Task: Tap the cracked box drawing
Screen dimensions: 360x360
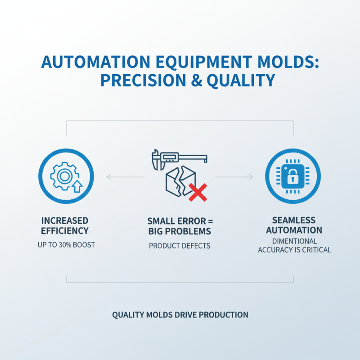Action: click(176, 182)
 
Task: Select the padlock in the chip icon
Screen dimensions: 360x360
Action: click(292, 175)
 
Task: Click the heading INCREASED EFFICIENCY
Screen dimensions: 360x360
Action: click(65, 226)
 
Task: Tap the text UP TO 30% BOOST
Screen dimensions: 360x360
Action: click(65, 246)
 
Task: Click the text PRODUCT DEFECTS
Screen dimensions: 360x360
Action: click(180, 246)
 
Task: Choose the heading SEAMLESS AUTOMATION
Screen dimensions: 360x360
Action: click(294, 226)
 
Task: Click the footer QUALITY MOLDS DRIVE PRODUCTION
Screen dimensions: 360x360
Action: click(180, 315)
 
